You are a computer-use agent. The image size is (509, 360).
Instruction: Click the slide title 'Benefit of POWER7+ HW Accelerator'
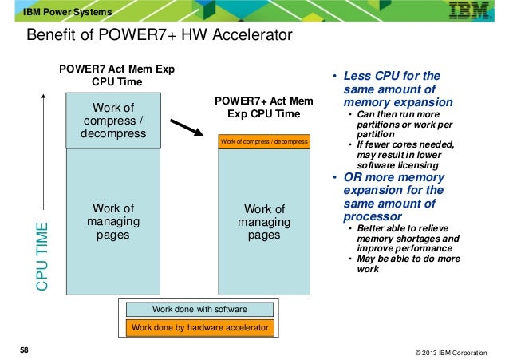pyautogui.click(x=160, y=36)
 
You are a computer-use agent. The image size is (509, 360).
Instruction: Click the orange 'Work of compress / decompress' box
pyautogui.click(x=263, y=141)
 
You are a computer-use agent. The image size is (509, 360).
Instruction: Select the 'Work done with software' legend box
pyautogui.click(x=199, y=309)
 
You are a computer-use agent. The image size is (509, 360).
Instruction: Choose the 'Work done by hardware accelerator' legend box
pyautogui.click(x=199, y=327)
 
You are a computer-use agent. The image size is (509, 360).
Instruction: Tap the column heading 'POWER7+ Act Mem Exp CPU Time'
pyautogui.click(x=264, y=108)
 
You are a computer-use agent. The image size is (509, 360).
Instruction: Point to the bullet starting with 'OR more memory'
pyautogui.click(x=391, y=196)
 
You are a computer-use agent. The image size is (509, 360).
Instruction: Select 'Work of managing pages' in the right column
pyautogui.click(x=263, y=222)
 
